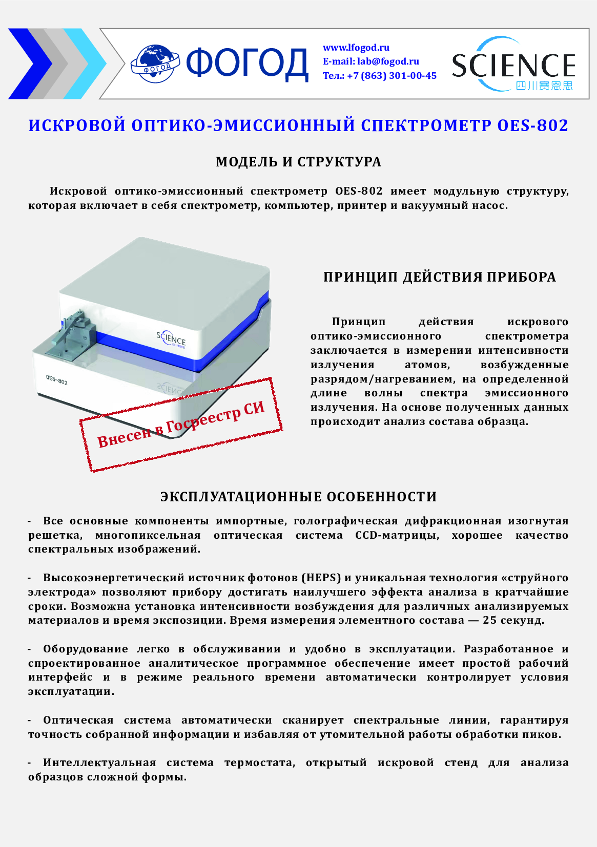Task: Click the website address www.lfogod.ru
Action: tap(356, 48)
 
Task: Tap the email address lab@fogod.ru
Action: tap(388, 61)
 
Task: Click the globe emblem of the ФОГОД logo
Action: tap(155, 63)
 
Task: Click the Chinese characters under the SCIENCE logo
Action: tap(544, 86)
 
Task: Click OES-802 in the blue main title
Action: tap(533, 125)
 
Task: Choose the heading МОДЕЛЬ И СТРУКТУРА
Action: tap(298, 162)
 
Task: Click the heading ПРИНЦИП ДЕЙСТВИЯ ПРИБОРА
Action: tap(439, 277)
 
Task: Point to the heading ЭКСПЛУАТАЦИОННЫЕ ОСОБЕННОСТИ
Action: tap(298, 497)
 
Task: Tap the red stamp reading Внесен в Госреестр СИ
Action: tap(181, 425)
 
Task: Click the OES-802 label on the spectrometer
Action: tap(56, 379)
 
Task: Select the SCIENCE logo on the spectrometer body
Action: tap(171, 339)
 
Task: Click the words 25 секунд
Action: tap(513, 620)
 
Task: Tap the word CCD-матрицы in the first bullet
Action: tap(397, 535)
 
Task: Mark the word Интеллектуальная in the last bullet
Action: tap(99, 763)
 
